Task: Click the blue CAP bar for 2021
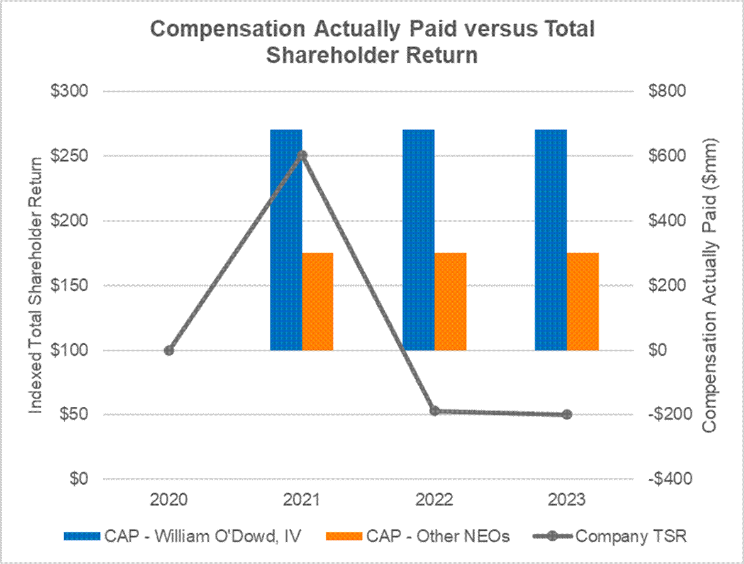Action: coord(286,252)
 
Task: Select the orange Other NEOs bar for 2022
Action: coord(450,301)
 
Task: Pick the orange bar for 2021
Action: coord(318,301)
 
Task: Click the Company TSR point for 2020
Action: coord(169,350)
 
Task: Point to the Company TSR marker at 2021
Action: coord(302,155)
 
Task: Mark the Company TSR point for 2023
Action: coord(567,414)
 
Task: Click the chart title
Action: coord(372,42)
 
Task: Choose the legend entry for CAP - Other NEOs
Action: coord(418,536)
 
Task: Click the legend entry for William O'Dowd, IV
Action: coord(182,536)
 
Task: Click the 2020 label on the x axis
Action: coord(169,500)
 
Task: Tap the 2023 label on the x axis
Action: coord(567,500)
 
